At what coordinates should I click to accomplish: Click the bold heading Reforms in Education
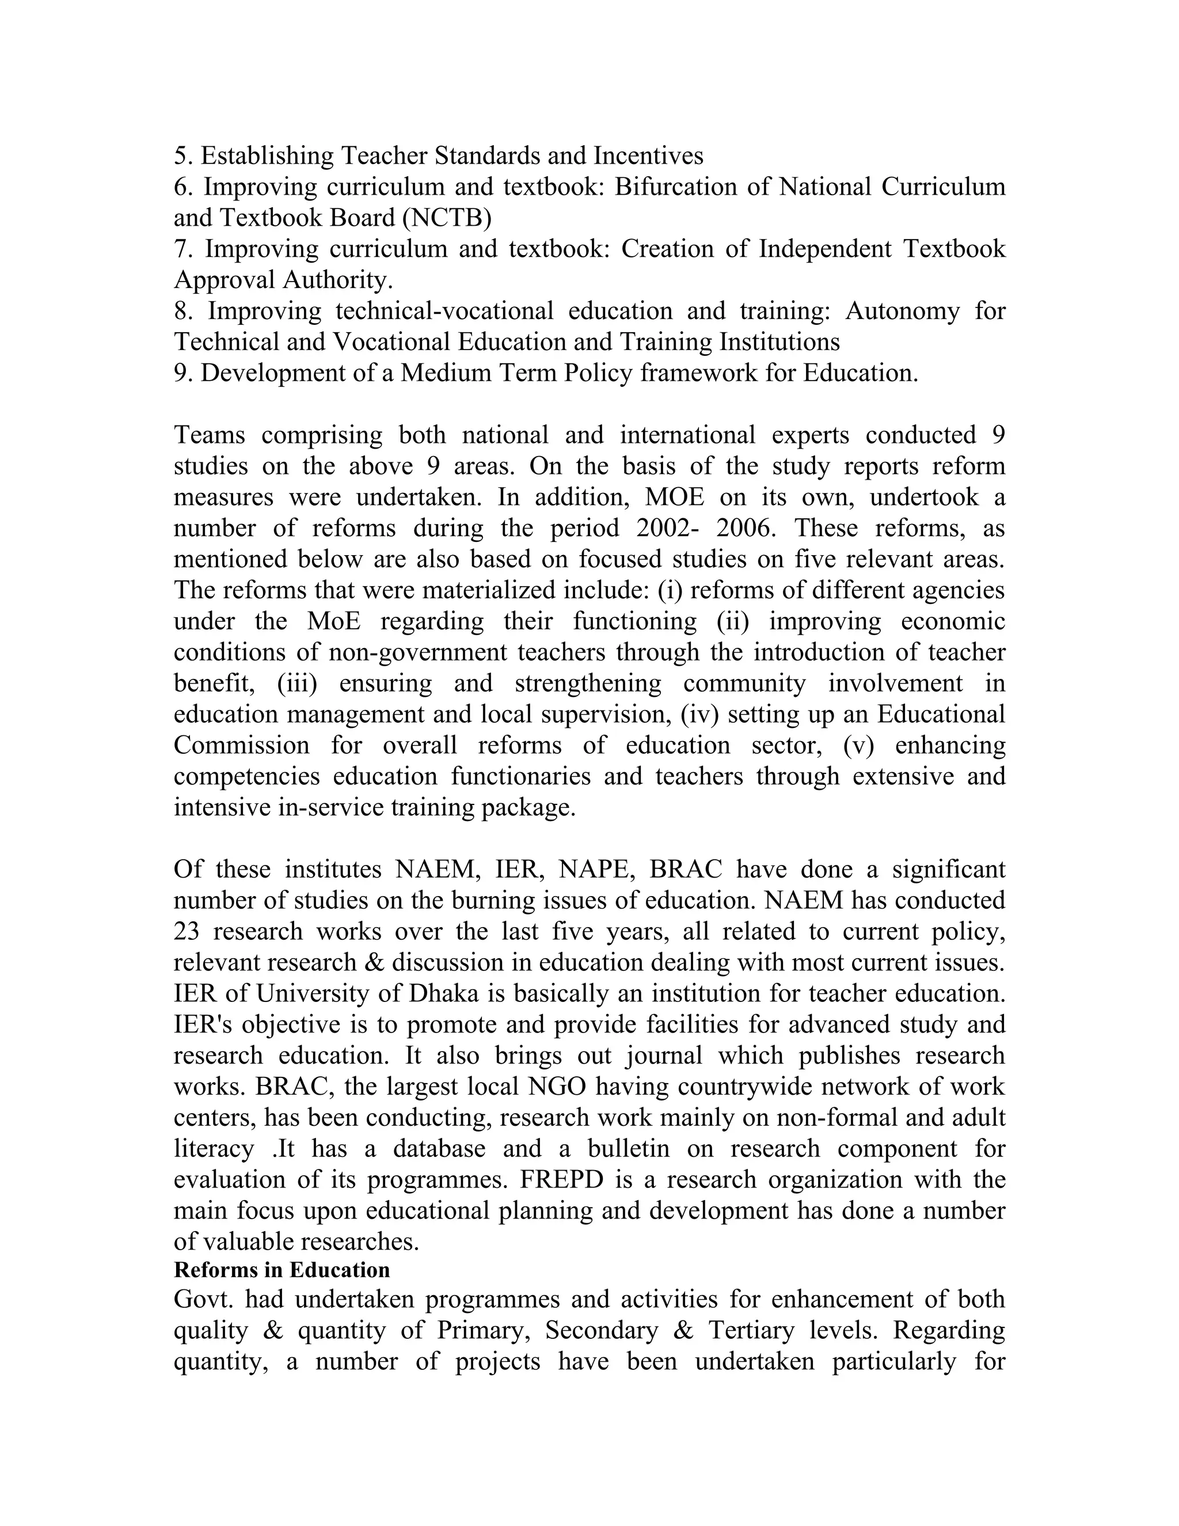coord(282,1270)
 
